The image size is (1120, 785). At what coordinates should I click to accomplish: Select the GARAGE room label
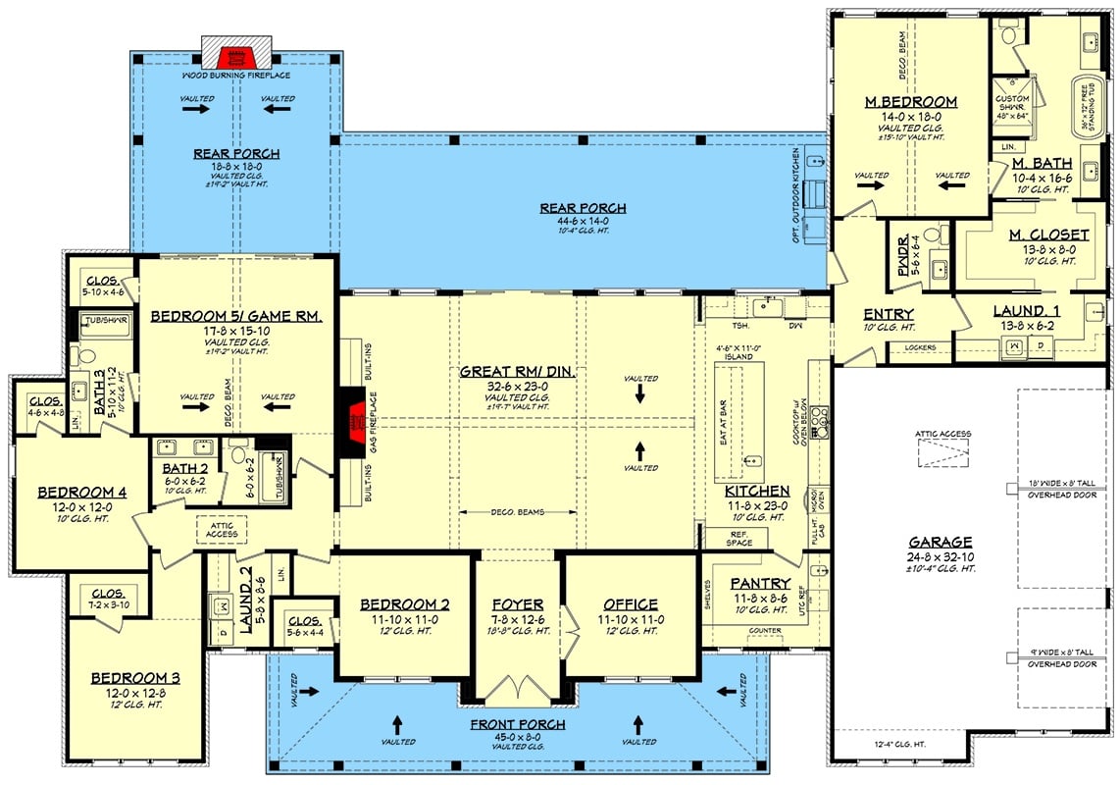click(x=940, y=542)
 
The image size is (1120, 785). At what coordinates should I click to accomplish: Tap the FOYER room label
click(x=519, y=603)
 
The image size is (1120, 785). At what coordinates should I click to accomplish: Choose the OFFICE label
click(x=631, y=603)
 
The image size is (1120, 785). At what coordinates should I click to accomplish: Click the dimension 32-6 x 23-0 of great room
click(x=517, y=388)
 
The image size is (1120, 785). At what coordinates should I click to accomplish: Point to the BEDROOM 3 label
click(x=135, y=678)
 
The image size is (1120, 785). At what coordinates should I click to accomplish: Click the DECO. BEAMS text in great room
click(x=517, y=512)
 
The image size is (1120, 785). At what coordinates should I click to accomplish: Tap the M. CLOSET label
click(x=1048, y=235)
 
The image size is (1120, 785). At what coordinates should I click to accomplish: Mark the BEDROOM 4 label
click(x=78, y=492)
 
